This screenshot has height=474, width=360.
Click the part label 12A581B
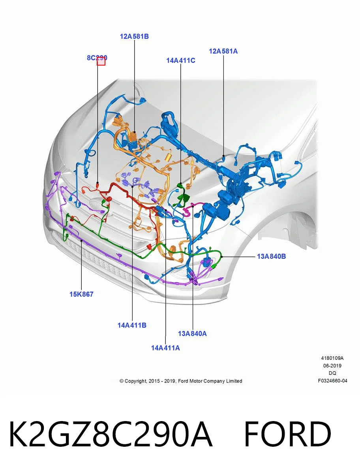pyautogui.click(x=134, y=36)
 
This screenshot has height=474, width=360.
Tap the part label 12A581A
pyautogui.click(x=223, y=51)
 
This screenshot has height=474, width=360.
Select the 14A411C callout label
pyautogui.click(x=180, y=60)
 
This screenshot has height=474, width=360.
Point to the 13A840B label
pyautogui.click(x=271, y=256)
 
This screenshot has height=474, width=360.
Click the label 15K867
pyautogui.click(x=81, y=294)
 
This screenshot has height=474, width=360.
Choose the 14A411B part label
pyautogui.click(x=132, y=325)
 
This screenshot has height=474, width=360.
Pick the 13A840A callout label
pyautogui.click(x=192, y=334)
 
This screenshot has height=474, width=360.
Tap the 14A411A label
pyautogui.click(x=165, y=348)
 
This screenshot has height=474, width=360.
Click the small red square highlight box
pyautogui.click(x=101, y=61)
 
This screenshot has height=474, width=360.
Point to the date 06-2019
pyautogui.click(x=332, y=366)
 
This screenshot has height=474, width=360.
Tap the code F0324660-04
pyautogui.click(x=332, y=381)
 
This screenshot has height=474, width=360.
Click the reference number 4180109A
pyautogui.click(x=332, y=358)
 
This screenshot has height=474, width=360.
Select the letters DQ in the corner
pyautogui.click(x=332, y=373)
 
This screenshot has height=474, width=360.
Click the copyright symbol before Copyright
pyautogui.click(x=122, y=381)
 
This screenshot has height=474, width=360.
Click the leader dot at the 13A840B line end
pyautogui.click(x=222, y=256)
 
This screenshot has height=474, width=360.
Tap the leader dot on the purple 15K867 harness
pyautogui.click(x=81, y=240)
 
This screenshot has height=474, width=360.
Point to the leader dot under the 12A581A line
pyautogui.click(x=223, y=156)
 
